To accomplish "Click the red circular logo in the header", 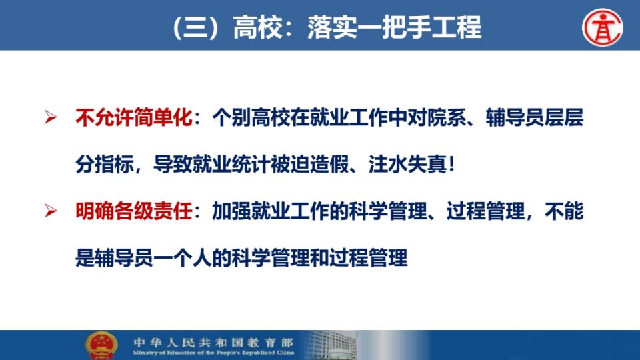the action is point(603,27).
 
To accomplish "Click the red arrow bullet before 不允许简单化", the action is point(51,117).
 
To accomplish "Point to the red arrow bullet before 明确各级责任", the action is point(51,211).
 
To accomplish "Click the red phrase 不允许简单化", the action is point(134,117).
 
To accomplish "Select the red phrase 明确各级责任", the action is point(134,211).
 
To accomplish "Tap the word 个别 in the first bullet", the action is point(231,117).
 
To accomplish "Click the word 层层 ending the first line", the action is point(564,117).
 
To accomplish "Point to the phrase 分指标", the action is point(105,165).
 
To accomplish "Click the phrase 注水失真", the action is point(407,165).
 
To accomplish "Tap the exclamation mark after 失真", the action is point(451,165).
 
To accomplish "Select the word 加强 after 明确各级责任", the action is point(231,211).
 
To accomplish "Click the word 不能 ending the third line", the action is point(564,211).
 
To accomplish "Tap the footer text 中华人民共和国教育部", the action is point(213,342).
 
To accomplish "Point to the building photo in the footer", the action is point(331,345).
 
